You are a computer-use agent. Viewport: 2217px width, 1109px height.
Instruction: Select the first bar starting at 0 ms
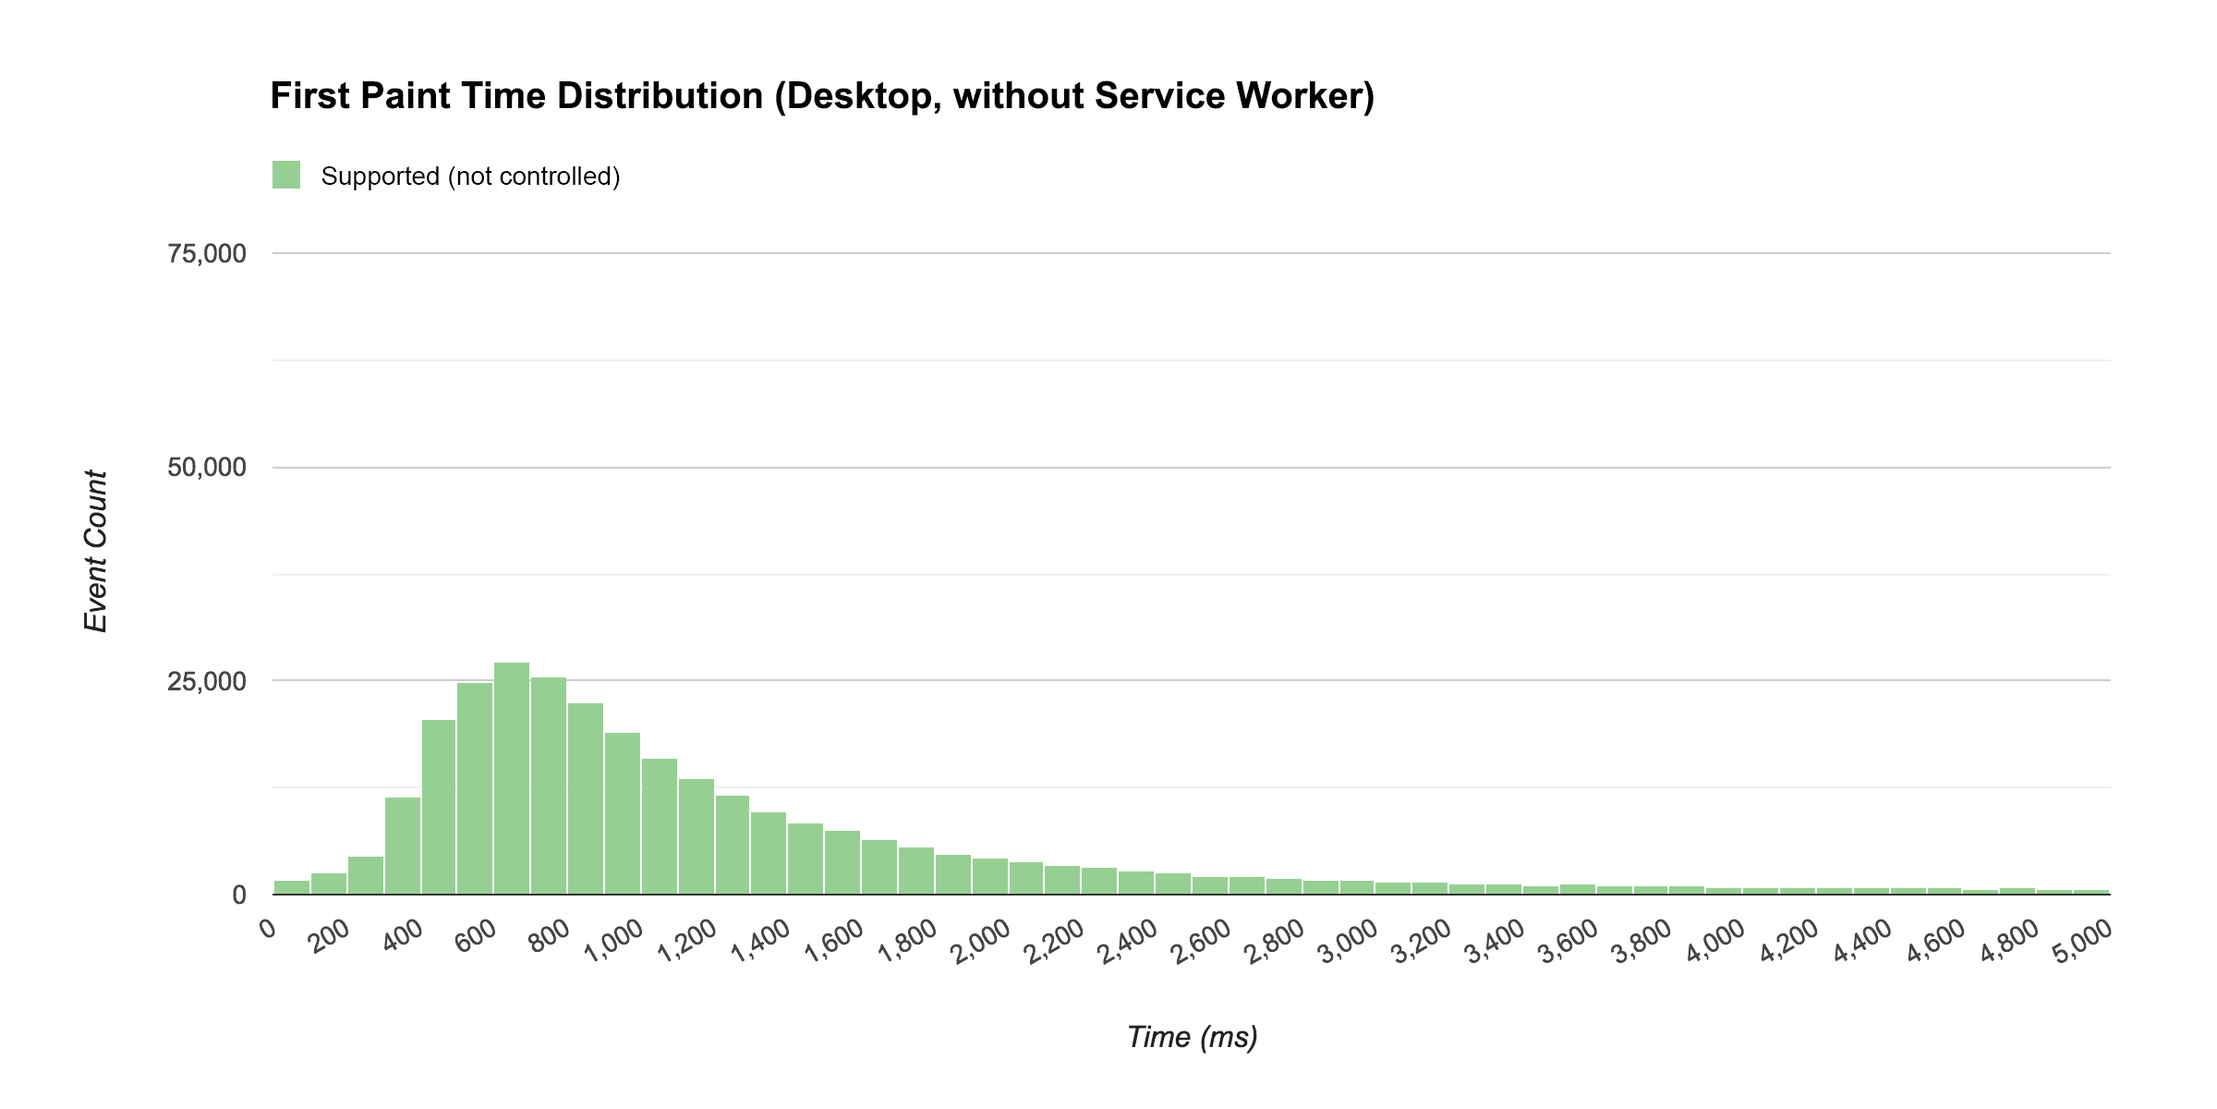point(292,887)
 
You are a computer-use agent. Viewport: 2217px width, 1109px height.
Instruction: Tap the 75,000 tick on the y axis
point(207,253)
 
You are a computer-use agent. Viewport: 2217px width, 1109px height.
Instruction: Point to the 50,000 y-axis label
point(207,468)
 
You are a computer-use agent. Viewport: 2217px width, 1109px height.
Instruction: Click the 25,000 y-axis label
point(207,681)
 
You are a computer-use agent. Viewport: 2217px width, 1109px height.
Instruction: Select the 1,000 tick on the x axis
point(615,943)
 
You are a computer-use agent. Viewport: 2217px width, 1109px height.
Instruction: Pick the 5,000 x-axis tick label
point(2084,943)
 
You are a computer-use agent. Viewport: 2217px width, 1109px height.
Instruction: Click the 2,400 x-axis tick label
point(1129,943)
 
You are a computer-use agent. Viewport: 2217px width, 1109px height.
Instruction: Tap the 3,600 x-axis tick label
point(1569,943)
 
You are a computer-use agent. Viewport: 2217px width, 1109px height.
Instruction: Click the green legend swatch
point(286,175)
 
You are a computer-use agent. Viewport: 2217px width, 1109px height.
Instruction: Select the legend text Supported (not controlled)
point(470,176)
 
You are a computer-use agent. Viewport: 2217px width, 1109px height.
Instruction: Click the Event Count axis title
point(96,552)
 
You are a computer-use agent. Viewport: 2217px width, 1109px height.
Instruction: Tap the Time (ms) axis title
point(1192,1037)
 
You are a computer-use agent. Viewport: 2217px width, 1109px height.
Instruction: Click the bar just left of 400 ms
point(403,846)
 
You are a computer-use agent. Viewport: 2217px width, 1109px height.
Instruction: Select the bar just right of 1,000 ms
point(660,826)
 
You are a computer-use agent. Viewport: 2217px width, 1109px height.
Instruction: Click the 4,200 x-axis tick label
point(1790,943)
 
